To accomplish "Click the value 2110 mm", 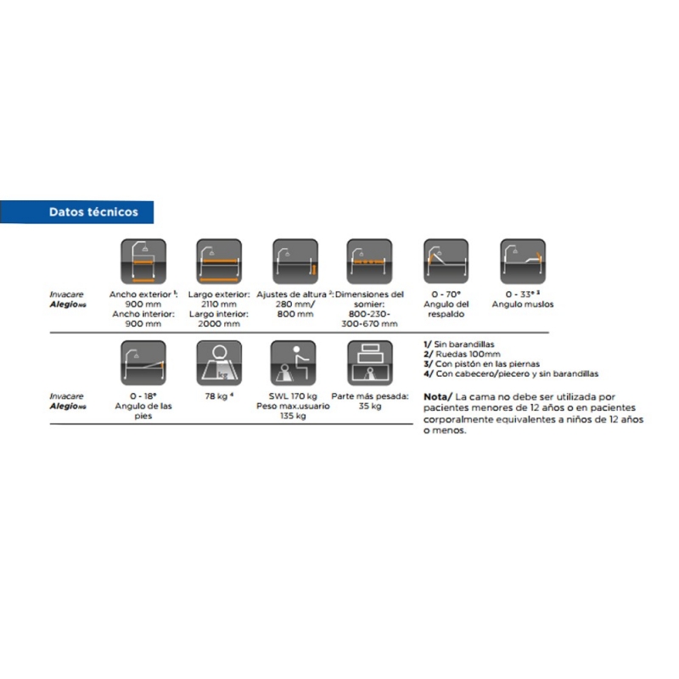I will (219, 304).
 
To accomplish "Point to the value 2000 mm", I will (219, 323).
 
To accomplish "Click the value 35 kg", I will (369, 407).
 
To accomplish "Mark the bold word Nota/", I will (437, 396).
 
